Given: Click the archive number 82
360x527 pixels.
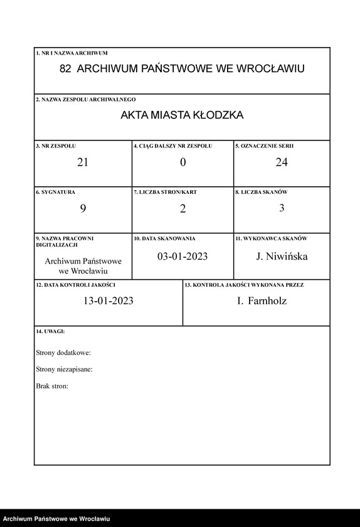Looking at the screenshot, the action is [65, 69].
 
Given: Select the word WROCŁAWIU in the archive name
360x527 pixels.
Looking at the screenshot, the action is [270, 69].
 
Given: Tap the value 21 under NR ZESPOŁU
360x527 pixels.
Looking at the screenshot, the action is [83, 162].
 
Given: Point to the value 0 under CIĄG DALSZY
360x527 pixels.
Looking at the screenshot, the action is [183, 162].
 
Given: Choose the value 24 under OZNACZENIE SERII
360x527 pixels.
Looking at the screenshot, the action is [282, 162].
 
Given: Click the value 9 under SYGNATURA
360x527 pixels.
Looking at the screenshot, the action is [83, 209].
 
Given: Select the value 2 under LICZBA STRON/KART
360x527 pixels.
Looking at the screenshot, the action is [183, 209].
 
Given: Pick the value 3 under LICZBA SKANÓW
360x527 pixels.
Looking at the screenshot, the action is [282, 208].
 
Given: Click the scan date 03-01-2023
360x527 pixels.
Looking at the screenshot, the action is [183, 257].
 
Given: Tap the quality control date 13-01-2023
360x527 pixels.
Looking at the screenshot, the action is [109, 301].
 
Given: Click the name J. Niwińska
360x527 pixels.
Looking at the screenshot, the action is [282, 257].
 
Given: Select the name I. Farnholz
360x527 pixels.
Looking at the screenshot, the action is [262, 301].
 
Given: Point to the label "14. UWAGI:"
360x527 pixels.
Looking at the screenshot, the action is [51, 331].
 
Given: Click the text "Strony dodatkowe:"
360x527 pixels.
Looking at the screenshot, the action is [63, 353].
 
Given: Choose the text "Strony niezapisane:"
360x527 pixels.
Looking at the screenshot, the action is [65, 370].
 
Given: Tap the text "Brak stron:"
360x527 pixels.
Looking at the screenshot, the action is [53, 386].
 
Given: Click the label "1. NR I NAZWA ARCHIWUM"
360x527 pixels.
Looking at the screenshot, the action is [71, 53].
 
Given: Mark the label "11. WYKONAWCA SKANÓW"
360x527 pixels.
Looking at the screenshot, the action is [271, 238].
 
